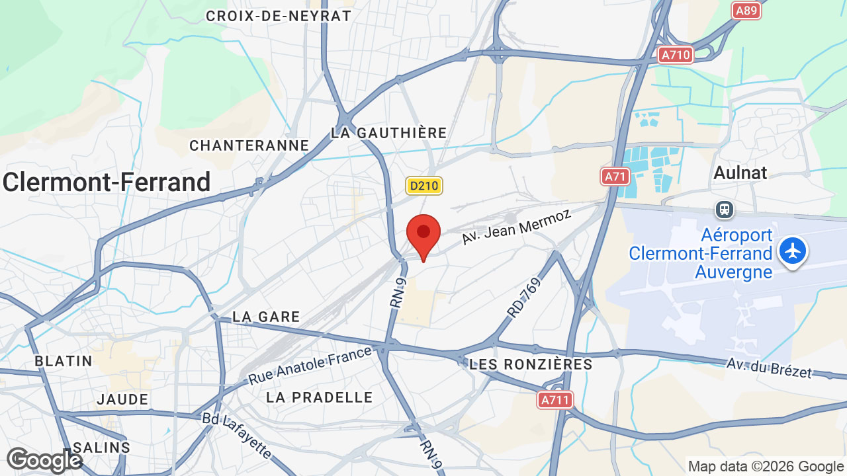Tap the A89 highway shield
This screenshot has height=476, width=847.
(x=746, y=10)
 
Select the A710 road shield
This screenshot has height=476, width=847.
(x=676, y=54)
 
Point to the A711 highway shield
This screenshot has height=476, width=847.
(x=555, y=400)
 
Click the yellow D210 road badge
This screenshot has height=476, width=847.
(x=424, y=186)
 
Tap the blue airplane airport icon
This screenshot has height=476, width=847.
(x=793, y=252)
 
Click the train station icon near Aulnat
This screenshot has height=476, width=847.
(x=725, y=210)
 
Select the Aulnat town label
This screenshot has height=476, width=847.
(x=740, y=173)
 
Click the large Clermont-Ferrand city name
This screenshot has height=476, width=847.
(x=107, y=182)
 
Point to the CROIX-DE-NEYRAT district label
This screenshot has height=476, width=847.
(x=279, y=16)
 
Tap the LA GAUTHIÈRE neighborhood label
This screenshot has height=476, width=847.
(x=389, y=133)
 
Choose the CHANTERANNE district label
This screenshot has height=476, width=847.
(x=249, y=145)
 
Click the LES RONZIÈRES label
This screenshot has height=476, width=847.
(x=531, y=364)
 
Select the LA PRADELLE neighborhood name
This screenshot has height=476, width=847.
(x=320, y=397)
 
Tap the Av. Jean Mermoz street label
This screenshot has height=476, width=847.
(x=516, y=225)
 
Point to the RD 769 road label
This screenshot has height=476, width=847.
(x=524, y=297)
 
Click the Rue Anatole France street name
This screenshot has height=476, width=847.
(x=310, y=366)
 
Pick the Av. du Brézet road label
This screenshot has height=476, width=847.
(x=769, y=368)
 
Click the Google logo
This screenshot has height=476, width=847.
(x=44, y=461)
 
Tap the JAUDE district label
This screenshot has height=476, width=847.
(x=122, y=399)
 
